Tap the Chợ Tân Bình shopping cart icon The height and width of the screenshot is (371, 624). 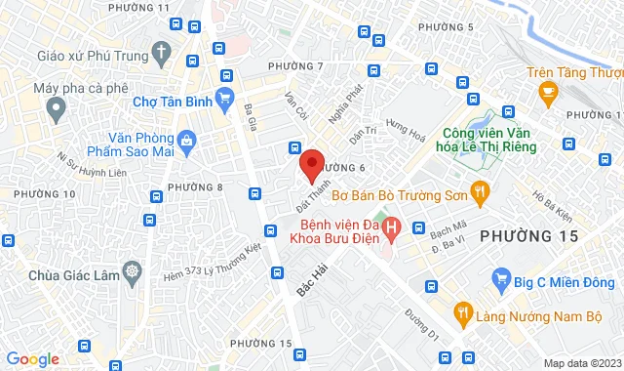pyautogui.click(x=226, y=96)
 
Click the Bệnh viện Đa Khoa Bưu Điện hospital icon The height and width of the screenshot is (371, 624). pyautogui.click(x=391, y=230)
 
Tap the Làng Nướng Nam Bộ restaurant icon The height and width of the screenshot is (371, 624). pyautogui.click(x=464, y=312)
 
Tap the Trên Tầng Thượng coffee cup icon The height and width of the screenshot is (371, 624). pyautogui.click(x=548, y=92)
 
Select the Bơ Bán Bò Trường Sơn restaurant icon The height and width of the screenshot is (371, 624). pyautogui.click(x=479, y=193)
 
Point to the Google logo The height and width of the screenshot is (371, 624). pyautogui.click(x=32, y=358)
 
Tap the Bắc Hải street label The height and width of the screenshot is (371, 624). pyautogui.click(x=314, y=277)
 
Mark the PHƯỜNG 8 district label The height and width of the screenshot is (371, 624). pyautogui.click(x=195, y=186)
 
